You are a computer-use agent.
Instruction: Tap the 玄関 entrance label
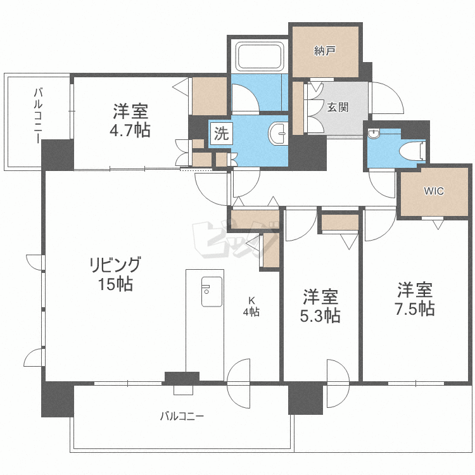pyautogui.click(x=338, y=107)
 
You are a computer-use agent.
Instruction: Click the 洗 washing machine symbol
pyautogui.click(x=220, y=134)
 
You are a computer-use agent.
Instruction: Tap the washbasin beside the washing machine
pyautogui.click(x=278, y=133)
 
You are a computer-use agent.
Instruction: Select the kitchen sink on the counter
pyautogui.click(x=212, y=291)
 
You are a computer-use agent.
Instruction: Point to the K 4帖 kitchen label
pyautogui.click(x=251, y=307)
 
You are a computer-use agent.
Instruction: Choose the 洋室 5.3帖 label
pyautogui.click(x=320, y=306)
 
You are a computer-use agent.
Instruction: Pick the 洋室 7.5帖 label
pyautogui.click(x=415, y=300)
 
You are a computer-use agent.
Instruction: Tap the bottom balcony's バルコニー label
pyautogui.click(x=182, y=417)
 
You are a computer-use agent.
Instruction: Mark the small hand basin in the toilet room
pyautogui.click(x=374, y=134)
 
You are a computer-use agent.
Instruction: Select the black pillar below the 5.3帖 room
pyautogui.click(x=305, y=398)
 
